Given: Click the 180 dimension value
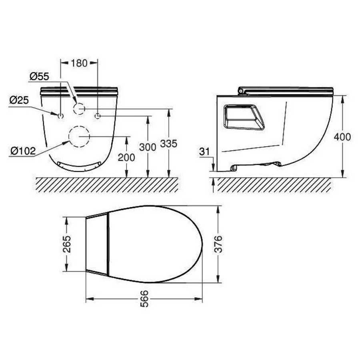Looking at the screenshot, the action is coord(79,63).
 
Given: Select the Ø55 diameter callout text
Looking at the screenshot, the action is coord(39,76).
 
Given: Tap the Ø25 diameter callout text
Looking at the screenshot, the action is coord(19,100).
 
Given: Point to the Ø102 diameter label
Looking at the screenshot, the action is coord(23,151).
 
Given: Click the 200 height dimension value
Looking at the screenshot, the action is coord(126,158).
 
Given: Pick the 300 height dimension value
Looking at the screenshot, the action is coord(148,147).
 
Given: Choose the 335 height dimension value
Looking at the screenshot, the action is coord(169,144).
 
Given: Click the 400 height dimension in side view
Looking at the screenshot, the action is coord(342,137).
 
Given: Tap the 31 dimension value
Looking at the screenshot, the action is coord(204,152).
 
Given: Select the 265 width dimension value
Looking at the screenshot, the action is coord(67,244).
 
